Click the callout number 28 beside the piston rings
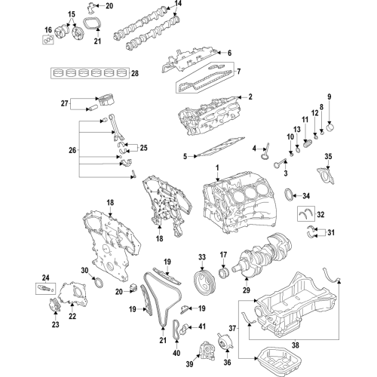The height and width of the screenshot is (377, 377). tap(134, 73)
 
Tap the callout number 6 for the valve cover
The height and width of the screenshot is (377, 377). tap(229, 53)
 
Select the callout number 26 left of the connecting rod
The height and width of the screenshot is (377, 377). tap(72, 151)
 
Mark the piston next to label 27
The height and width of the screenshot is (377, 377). tap(104, 100)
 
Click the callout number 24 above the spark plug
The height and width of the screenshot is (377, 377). tap(45, 277)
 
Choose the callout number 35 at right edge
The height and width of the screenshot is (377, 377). tap(328, 156)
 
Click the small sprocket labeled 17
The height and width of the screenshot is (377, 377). tap(223, 271)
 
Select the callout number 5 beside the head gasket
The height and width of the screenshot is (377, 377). tap(185, 157)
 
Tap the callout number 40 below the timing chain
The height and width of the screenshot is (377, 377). tap(176, 352)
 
